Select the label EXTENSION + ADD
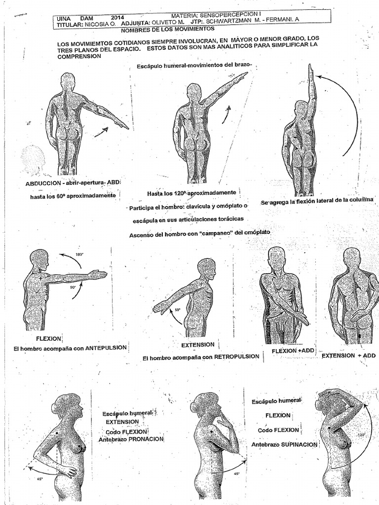(x=348, y=355)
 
